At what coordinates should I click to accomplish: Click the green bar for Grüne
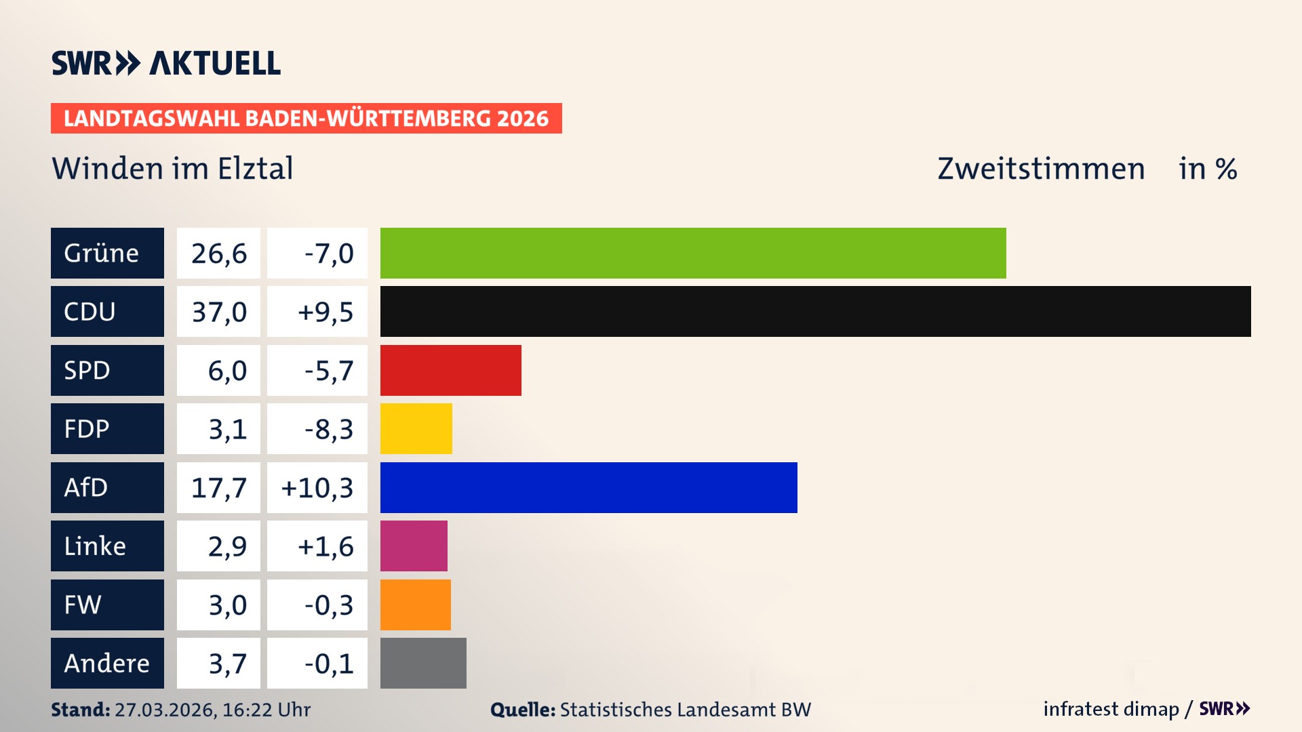[692, 253]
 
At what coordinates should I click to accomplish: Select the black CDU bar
[815, 311]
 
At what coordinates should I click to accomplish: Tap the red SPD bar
[450, 370]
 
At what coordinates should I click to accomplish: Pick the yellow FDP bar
[416, 428]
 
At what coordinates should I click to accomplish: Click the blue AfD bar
[588, 487]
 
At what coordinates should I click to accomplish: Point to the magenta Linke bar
[414, 546]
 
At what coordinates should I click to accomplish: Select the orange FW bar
[415, 605]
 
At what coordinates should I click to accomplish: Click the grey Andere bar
[423, 663]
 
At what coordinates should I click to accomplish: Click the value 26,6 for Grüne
[218, 253]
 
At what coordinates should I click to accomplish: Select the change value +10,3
[317, 487]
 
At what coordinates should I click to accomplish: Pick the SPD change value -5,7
[328, 370]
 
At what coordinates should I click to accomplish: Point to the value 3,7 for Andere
[227, 663]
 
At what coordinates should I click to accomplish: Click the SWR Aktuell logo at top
[165, 63]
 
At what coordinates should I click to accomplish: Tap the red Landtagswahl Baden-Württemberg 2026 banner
[306, 118]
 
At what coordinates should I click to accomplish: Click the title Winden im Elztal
[172, 168]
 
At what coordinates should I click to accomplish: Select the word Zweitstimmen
[1041, 168]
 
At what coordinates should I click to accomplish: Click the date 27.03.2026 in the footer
[165, 710]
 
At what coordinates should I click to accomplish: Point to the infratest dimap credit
[1111, 709]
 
